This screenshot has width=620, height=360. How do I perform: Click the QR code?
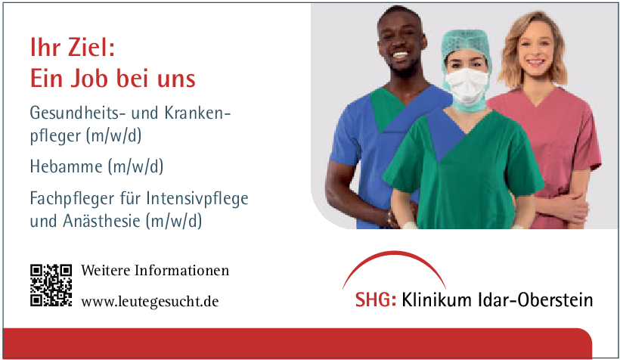[51, 285]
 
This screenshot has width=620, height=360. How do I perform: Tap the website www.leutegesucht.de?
[150, 302]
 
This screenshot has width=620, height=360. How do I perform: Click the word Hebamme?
[67, 166]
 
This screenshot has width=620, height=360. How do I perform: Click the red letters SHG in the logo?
[375, 299]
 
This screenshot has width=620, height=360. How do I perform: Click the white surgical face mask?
[467, 86]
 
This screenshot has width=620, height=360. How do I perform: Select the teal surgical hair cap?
[467, 47]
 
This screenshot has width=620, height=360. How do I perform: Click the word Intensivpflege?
[197, 199]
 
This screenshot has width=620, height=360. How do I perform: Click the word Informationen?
[181, 271]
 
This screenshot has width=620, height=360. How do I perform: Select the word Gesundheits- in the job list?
[78, 113]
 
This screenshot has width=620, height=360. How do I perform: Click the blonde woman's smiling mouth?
[535, 62]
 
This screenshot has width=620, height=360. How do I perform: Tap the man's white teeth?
[400, 55]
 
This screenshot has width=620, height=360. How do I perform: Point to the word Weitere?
[106, 271]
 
